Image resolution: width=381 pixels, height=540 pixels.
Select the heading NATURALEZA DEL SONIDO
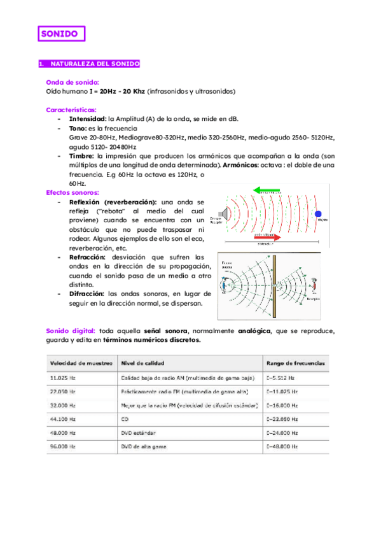[x=89, y=64]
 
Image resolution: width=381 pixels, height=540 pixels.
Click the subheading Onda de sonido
[x=73, y=82]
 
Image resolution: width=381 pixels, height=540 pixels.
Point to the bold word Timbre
[x=81, y=155]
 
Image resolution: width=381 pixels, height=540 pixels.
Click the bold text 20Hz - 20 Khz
[x=122, y=91]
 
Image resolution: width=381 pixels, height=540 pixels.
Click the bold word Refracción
[x=89, y=257]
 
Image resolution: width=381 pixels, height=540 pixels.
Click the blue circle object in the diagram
[x=318, y=213]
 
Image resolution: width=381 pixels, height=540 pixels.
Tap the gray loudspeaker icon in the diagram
[x=223, y=213]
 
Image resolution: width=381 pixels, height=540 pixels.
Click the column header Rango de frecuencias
[x=296, y=363]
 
